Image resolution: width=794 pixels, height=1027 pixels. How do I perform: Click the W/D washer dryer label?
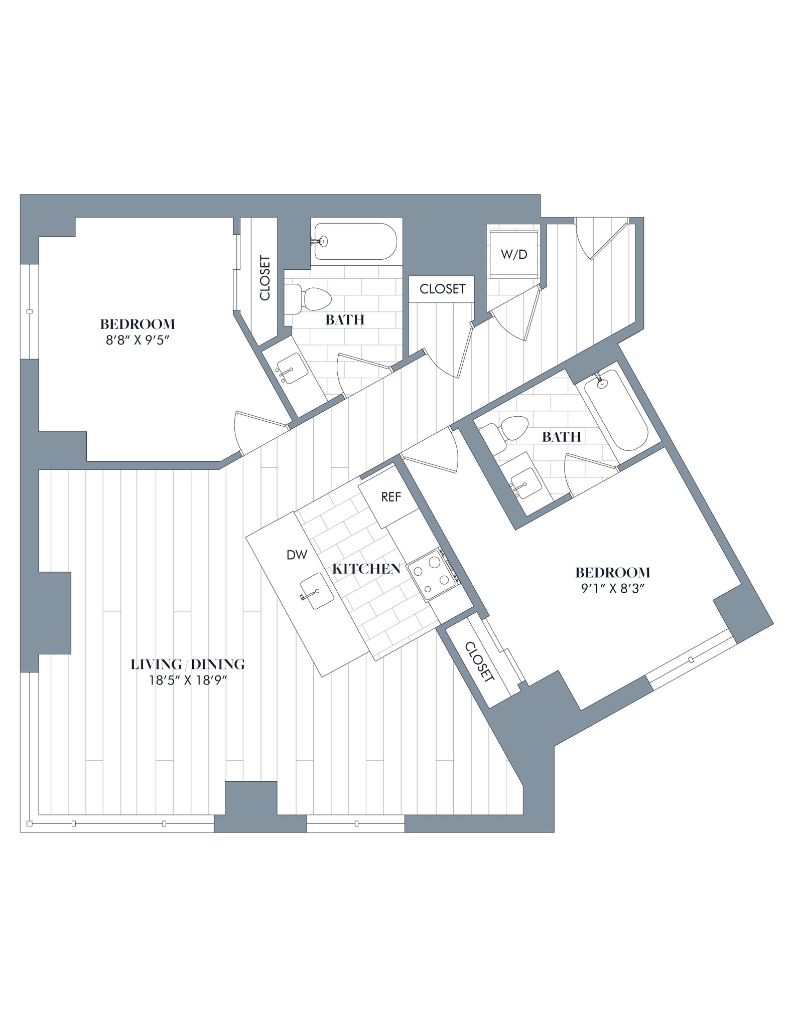514,254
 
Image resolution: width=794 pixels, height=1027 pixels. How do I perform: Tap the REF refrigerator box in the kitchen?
391,497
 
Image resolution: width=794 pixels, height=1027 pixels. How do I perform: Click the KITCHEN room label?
366,569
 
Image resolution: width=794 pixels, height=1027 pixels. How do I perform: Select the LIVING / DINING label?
188,664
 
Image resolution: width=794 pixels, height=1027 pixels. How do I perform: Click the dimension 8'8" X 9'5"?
137,340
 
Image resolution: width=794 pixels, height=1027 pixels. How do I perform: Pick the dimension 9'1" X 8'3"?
612,588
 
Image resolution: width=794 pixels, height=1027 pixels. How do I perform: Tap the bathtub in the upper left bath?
355,241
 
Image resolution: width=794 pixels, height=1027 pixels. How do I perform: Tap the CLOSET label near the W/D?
442,289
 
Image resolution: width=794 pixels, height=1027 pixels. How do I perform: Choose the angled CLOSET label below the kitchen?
480,661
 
